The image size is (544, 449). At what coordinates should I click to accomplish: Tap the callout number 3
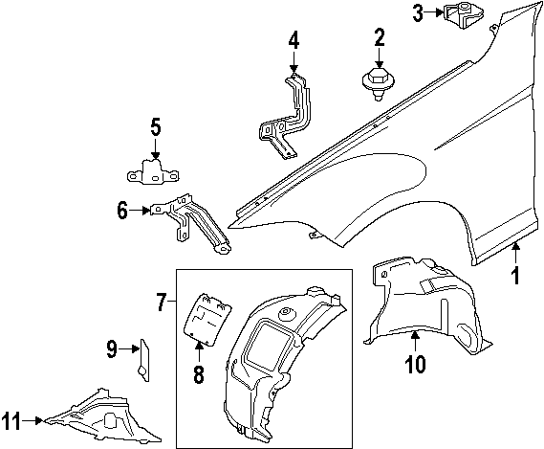(418, 12)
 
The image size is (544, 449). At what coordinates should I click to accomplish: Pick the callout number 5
(155, 128)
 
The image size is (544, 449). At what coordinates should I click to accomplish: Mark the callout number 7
(162, 303)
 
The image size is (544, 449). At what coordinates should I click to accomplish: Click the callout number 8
(199, 373)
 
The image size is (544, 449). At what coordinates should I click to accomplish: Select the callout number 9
(111, 349)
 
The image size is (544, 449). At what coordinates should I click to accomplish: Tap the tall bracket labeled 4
(287, 115)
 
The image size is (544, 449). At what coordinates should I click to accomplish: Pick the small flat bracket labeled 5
(154, 172)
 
